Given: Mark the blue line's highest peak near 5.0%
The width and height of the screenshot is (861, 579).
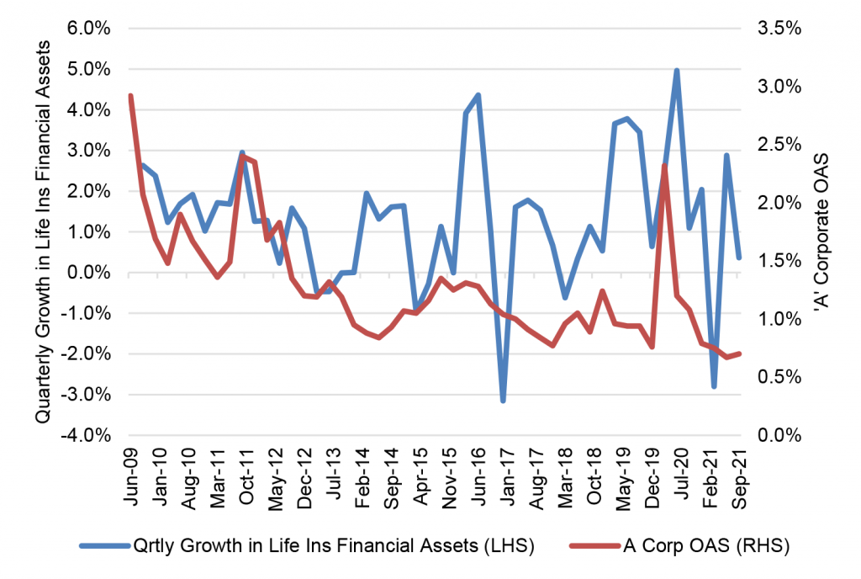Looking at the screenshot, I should click(677, 71).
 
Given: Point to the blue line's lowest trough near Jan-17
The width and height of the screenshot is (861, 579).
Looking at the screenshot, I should click(503, 401).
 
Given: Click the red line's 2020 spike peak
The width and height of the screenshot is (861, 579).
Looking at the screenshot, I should click(664, 166).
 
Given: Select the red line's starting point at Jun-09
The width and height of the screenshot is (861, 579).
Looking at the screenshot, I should click(130, 96).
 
